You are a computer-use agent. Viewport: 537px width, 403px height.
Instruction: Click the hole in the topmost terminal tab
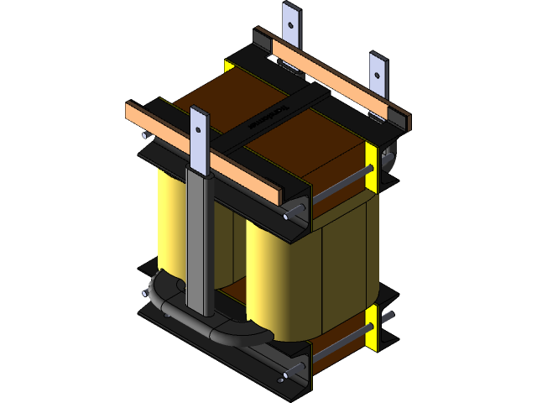(x=290, y=23)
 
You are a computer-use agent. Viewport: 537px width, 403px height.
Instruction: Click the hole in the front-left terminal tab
(x=200, y=129)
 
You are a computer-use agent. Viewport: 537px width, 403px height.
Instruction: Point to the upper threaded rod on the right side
(x=340, y=186)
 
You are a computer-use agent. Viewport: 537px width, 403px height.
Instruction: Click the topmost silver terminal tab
(x=290, y=29)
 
